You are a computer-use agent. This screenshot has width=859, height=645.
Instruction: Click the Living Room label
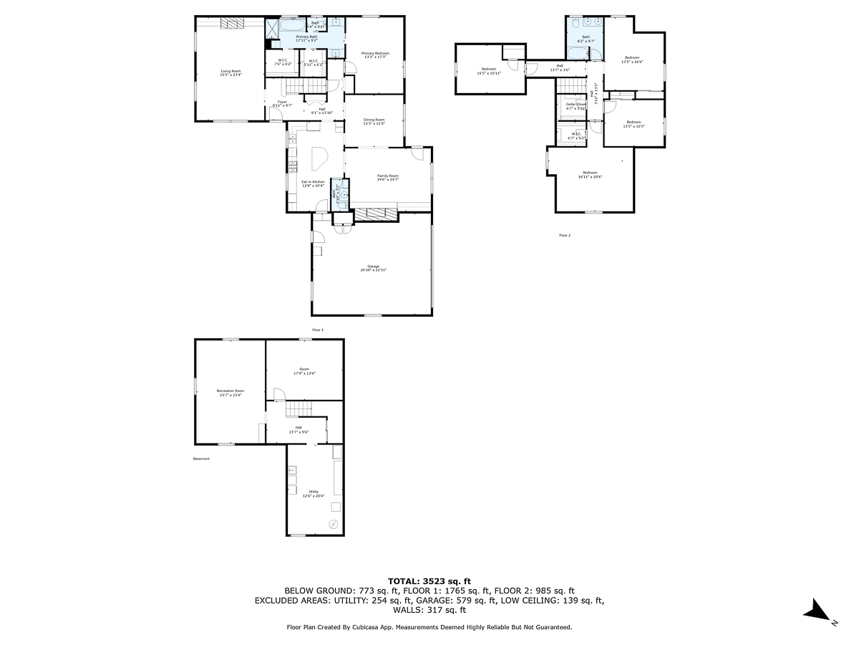pos(230,72)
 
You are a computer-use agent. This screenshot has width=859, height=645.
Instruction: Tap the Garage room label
pos(373,269)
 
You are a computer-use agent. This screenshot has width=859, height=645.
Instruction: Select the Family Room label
pos(388,177)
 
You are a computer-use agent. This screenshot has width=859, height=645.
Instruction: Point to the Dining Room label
pos(374,121)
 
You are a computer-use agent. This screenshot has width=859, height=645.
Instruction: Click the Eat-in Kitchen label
pos(313,183)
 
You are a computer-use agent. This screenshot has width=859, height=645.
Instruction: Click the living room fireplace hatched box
pos(232,24)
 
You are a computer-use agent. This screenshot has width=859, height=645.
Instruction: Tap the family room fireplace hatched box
pos(376,214)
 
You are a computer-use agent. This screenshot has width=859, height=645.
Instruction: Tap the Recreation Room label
pos(230,393)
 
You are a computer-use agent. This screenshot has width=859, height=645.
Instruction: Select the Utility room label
pos(314,493)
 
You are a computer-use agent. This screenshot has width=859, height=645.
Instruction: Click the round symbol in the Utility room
pos(333,525)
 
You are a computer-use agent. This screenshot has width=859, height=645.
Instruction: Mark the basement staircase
pos(296,409)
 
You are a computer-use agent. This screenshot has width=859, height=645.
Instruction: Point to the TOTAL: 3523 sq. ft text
pos(429,580)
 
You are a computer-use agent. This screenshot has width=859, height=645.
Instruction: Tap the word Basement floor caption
pos(202,459)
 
